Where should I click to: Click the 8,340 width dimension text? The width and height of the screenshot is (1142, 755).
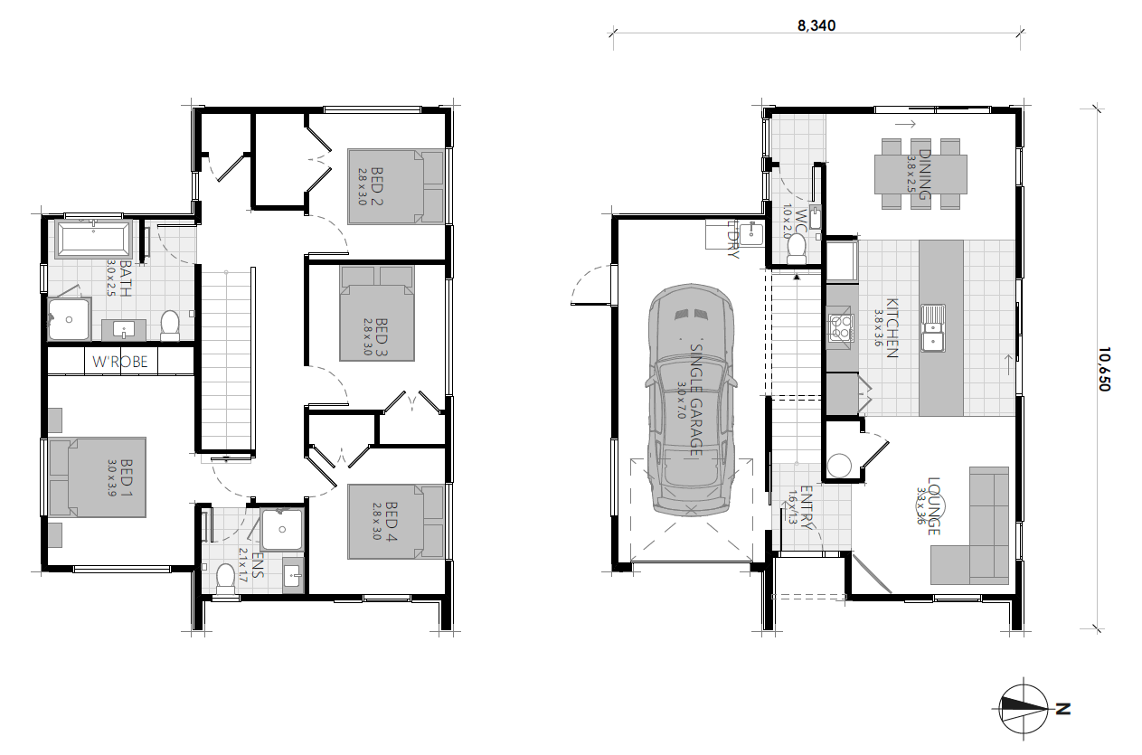[816, 26]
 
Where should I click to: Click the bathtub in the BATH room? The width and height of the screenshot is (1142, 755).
[93, 240]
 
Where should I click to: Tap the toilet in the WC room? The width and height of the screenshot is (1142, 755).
[797, 247]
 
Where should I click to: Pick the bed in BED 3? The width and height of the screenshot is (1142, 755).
[377, 312]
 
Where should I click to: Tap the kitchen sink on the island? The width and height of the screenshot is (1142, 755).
[932, 328]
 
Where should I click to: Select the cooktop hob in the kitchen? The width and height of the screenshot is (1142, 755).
[840, 327]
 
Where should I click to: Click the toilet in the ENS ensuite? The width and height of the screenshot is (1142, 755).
[225, 579]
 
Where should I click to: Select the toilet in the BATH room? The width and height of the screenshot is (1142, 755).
[169, 325]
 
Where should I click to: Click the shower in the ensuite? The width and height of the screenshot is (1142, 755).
[281, 530]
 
